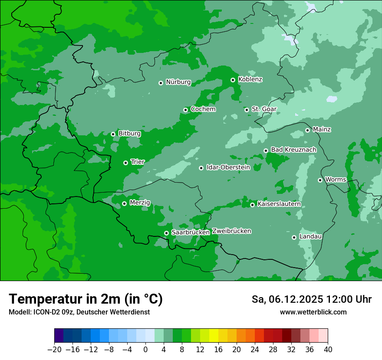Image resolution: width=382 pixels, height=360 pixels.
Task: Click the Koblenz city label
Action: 250,79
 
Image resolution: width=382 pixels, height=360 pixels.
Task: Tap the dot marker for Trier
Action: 125,163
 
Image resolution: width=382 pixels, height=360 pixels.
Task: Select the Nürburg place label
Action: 178,82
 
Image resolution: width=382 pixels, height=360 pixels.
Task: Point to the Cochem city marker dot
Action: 185,110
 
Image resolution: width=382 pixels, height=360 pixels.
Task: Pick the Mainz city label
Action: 322,129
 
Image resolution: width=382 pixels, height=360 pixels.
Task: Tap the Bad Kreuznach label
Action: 293,150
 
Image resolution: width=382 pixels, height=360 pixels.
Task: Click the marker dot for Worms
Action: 320,180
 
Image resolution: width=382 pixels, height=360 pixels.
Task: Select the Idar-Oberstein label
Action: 228,167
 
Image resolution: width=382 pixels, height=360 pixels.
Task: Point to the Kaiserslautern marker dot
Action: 252,205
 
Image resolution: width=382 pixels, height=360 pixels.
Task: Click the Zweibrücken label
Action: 231,231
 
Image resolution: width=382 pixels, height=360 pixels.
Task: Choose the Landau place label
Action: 310,236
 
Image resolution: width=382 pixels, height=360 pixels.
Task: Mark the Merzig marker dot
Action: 124,203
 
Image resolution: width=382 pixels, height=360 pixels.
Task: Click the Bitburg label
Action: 129,133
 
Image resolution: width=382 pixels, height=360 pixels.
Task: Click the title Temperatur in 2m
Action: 86,299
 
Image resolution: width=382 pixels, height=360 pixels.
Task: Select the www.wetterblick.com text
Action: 313,312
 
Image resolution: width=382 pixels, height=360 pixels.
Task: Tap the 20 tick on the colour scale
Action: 237,350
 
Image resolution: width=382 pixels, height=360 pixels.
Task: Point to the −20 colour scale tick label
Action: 55,350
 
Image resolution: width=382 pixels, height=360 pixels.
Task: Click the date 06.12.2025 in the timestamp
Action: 295,299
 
